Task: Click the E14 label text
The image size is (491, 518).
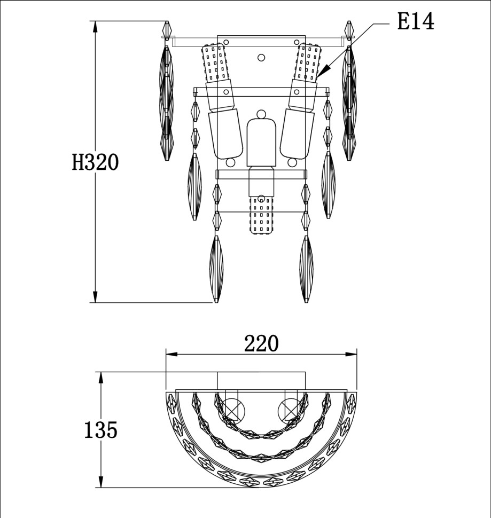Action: click(x=415, y=21)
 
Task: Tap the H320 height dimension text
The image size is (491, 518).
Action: click(x=95, y=162)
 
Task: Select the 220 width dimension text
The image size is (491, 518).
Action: click(x=261, y=343)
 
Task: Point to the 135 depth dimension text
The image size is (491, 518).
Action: click(x=101, y=430)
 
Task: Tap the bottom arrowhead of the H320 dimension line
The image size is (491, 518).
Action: click(x=96, y=297)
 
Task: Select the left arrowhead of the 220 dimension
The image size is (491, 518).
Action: click(x=172, y=354)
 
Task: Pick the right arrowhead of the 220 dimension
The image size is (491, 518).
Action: click(x=351, y=354)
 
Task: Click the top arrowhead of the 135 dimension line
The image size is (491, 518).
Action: click(x=101, y=378)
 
